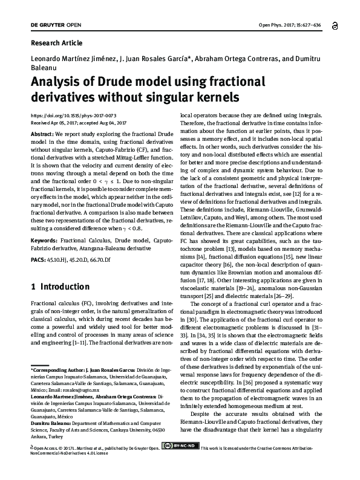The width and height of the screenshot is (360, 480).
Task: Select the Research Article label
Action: (x=56, y=44)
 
